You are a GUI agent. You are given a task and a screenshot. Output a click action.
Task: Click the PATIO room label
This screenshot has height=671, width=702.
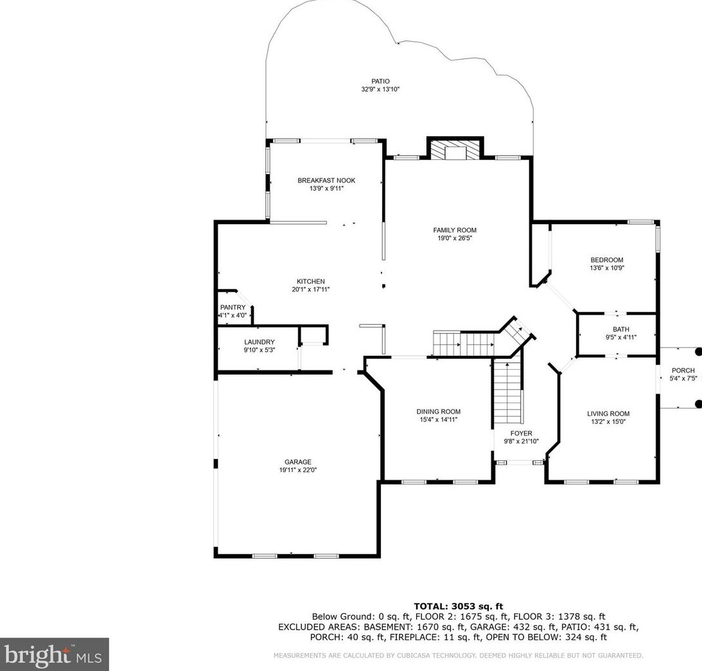pyautogui.click(x=380, y=81)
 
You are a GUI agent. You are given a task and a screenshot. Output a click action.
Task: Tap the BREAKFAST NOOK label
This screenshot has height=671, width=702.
pyautogui.click(x=326, y=180)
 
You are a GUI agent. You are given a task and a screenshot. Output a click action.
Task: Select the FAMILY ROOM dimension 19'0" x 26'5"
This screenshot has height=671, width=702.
pyautogui.click(x=455, y=238)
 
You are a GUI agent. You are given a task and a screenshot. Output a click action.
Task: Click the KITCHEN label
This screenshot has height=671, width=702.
pyautogui.click(x=311, y=281)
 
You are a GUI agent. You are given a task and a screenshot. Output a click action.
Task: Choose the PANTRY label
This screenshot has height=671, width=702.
pyautogui.click(x=233, y=307)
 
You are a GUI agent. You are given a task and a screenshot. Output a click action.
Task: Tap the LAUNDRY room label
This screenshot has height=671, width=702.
pyautogui.click(x=259, y=342)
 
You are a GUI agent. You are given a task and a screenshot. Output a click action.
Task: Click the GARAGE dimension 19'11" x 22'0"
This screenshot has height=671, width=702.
pyautogui.click(x=298, y=470)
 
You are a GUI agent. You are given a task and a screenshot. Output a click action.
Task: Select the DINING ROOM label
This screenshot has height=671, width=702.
pyautogui.click(x=438, y=412)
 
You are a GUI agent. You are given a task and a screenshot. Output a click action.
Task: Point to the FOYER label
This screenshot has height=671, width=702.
pyautogui.click(x=521, y=433)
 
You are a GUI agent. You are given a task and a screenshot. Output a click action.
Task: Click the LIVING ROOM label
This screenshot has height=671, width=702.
pyautogui.click(x=608, y=414)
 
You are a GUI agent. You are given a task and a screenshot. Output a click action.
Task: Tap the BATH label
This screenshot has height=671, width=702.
pyautogui.click(x=621, y=329)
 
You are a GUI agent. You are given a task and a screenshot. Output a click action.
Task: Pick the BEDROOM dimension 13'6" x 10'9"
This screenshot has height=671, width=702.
pyautogui.click(x=607, y=268)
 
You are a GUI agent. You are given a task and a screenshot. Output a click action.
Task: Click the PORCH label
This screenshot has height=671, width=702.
pyautogui.click(x=683, y=370)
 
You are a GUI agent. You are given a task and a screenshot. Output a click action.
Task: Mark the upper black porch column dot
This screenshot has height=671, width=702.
pyautogui.click(x=698, y=352)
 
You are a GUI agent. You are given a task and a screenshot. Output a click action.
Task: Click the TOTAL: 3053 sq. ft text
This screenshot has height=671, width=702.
pyautogui.click(x=459, y=606)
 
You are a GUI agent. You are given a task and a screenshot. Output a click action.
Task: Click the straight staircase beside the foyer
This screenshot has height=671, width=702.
pyautogui.click(x=507, y=392)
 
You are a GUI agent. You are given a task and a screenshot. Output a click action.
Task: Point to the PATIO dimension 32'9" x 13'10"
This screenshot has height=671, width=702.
pyautogui.click(x=380, y=89)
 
